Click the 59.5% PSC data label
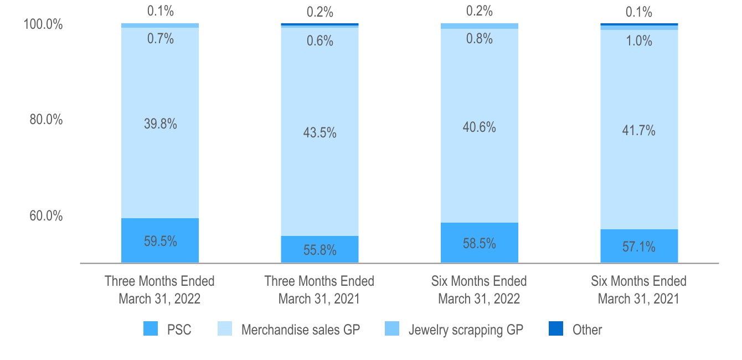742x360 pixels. tap(160, 241)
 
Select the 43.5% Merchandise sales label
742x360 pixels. tap(320, 133)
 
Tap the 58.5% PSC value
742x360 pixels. tap(480, 243)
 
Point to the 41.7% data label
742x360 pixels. tap(639, 131)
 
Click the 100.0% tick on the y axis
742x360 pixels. tap(43, 25)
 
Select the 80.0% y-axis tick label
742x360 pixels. tap(46, 120)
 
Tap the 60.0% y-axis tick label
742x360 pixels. tap(46, 215)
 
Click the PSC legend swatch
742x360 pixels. tap(151, 330)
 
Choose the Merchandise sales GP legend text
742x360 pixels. tap(301, 330)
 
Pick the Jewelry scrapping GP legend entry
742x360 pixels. tap(466, 330)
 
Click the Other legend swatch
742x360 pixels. tap(555, 330)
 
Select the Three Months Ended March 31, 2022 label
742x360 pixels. tap(159, 290)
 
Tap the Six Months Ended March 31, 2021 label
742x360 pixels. tap(638, 290)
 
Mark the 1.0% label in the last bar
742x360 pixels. tap(639, 41)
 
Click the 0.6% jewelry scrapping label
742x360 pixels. tap(320, 40)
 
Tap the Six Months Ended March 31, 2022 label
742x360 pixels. tap(479, 290)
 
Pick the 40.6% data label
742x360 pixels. tap(480, 127)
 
